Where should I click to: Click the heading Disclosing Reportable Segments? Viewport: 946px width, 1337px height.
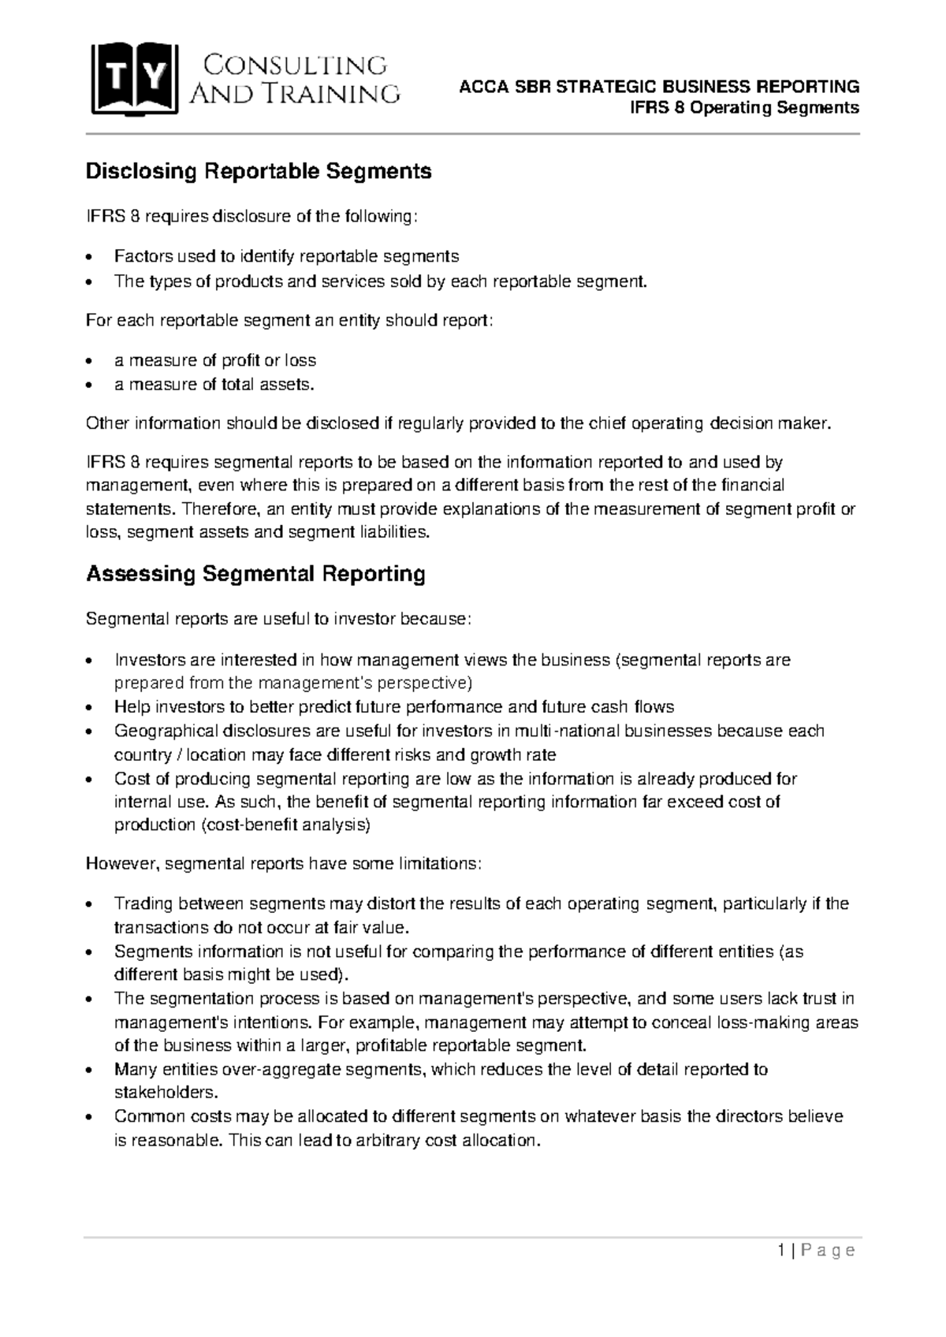coord(259,171)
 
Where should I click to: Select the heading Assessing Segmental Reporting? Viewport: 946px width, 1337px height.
coord(255,574)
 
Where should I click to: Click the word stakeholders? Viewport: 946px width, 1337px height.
coord(164,1093)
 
